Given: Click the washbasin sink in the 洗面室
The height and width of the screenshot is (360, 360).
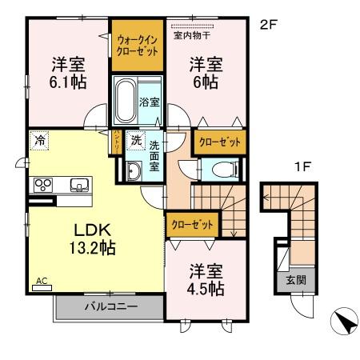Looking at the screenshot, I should coord(132,169).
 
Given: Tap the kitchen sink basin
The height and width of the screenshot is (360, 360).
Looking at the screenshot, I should coord(79,185).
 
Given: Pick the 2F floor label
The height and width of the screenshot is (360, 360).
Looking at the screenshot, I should coord(267,24).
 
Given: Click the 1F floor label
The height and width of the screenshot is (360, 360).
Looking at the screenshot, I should coord(300,169).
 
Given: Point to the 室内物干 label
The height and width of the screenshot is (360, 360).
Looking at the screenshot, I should coord(191,34).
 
